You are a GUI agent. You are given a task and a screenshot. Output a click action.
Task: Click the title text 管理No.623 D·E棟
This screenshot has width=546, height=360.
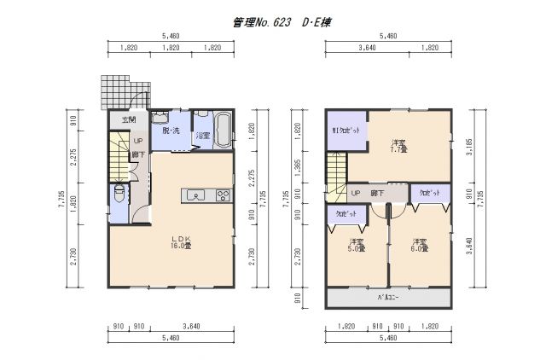281,23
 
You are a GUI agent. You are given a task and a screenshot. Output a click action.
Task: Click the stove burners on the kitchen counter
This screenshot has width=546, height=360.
223,195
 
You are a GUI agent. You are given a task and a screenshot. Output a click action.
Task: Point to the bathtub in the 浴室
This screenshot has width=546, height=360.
224,131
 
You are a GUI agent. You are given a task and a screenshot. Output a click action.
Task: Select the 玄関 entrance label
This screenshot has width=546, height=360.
129,120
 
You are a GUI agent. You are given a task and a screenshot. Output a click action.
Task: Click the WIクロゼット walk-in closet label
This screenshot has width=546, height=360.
346,131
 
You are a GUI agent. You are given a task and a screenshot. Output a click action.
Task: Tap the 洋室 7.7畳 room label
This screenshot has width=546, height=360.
398,146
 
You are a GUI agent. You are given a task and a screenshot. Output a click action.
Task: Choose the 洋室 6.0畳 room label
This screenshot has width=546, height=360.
419,245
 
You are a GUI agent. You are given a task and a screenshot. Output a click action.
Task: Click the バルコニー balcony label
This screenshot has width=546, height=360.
388,298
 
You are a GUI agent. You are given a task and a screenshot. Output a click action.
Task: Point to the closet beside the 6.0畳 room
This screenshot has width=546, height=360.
429,195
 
